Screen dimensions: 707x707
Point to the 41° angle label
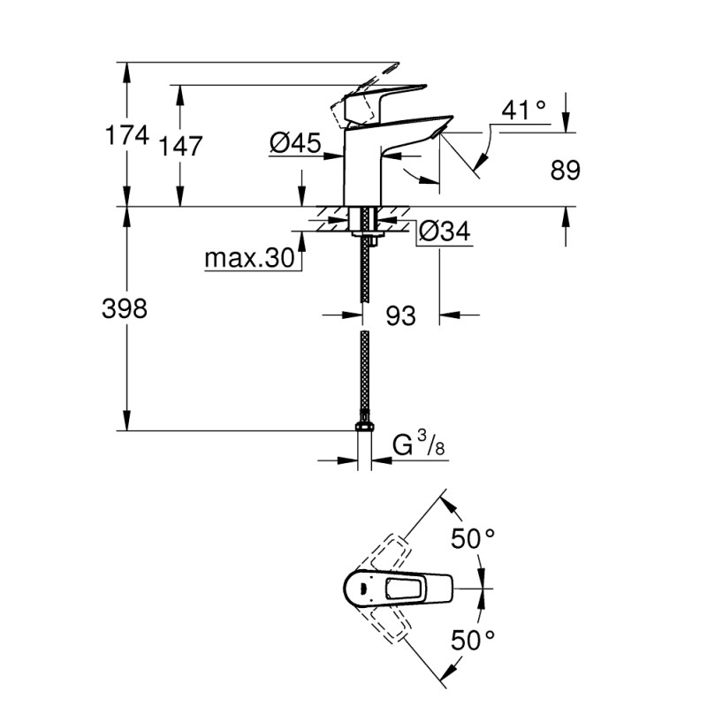click(523, 110)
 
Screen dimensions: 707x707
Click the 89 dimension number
click(566, 171)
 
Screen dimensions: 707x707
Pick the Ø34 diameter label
click(444, 232)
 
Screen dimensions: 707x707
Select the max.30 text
click(248, 259)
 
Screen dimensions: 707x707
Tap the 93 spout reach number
click(400, 315)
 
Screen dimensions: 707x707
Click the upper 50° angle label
click(473, 537)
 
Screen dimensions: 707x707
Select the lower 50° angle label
click(473, 638)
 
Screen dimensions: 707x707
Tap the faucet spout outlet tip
click(438, 132)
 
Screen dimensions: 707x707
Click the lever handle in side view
click(380, 97)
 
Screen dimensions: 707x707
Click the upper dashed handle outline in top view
click(389, 549)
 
